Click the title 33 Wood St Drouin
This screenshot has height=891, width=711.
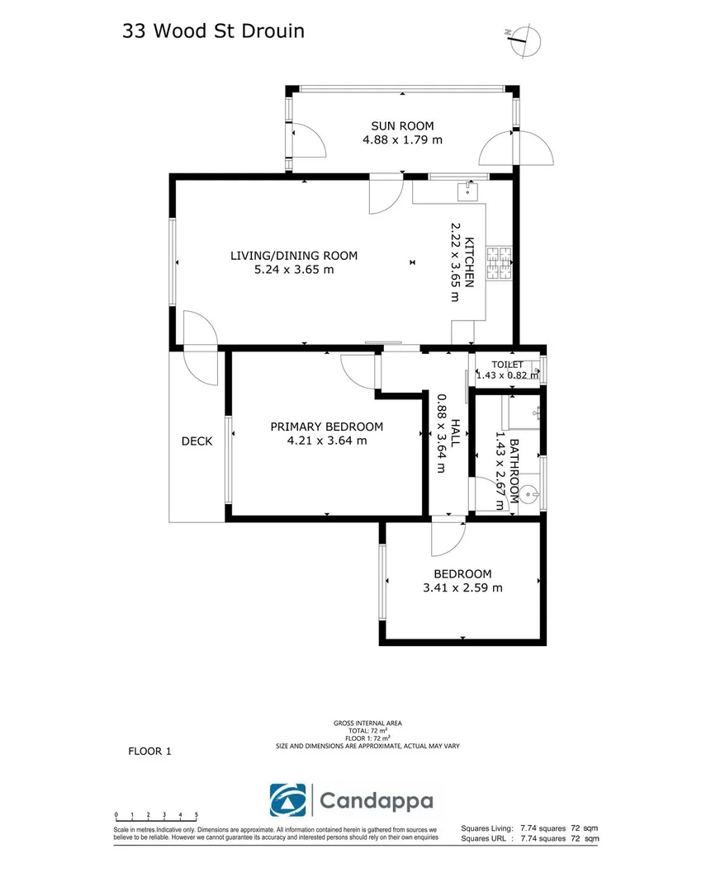(x=213, y=31)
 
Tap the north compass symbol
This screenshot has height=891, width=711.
(x=523, y=39)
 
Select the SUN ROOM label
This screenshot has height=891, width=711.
(x=402, y=125)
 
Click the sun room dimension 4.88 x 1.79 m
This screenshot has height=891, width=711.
(x=402, y=139)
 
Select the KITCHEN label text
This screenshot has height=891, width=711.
(x=469, y=262)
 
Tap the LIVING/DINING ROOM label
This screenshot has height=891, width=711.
(x=294, y=255)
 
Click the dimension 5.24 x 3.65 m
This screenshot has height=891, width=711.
(x=294, y=269)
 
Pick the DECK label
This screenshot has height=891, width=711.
(x=197, y=441)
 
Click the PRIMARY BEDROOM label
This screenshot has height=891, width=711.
(x=327, y=427)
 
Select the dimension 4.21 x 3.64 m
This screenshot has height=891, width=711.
(x=327, y=441)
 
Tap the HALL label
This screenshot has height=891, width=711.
(x=455, y=433)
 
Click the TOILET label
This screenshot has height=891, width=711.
(x=508, y=365)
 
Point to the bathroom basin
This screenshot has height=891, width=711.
(x=529, y=496)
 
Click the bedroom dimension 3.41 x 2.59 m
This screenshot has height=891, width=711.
(x=462, y=588)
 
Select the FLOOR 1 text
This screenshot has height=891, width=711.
(x=149, y=751)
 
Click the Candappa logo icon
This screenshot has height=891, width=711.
(x=287, y=799)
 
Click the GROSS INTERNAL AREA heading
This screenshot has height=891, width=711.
(x=367, y=724)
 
